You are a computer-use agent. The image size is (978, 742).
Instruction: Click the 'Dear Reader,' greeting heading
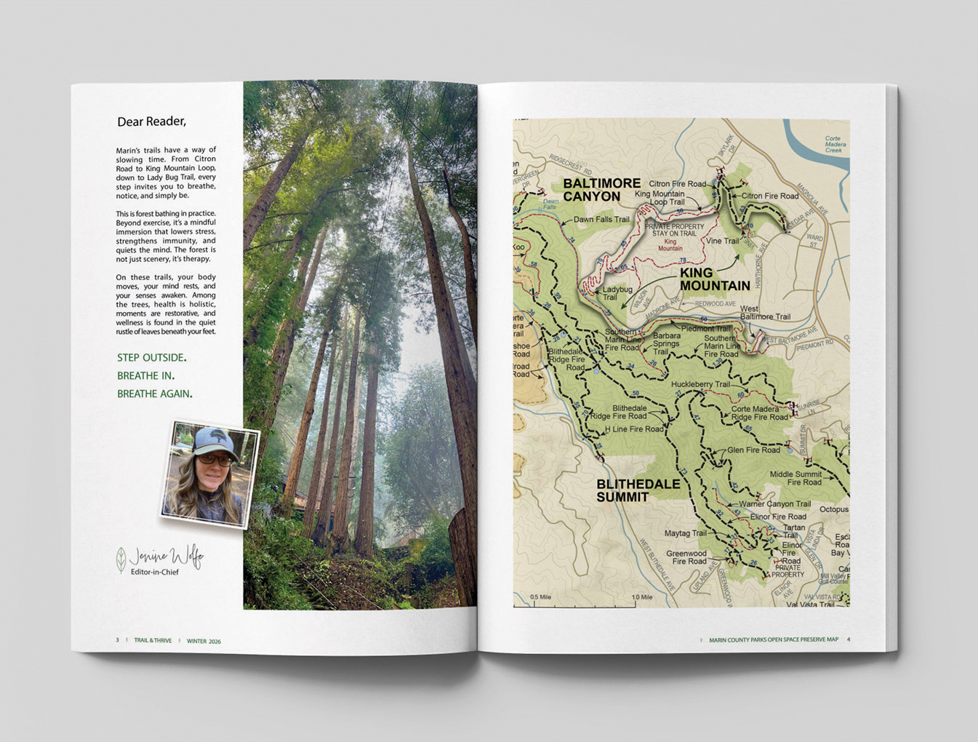pos(151,121)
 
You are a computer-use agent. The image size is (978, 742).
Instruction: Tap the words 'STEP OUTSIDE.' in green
pos(151,358)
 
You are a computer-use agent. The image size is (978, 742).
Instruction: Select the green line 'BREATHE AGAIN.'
pos(154,394)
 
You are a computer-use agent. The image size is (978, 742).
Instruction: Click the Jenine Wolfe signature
pos(166,557)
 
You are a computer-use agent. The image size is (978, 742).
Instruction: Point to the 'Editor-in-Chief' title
pos(154,573)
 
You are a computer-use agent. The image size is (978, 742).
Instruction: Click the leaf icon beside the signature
pos(121,559)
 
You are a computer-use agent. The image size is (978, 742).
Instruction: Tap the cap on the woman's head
pos(214,440)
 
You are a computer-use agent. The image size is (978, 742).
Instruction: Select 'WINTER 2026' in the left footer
pos(204,642)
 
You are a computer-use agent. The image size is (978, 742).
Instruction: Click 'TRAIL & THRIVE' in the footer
pos(153,641)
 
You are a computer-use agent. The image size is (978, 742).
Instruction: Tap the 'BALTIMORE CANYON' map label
pos(601,190)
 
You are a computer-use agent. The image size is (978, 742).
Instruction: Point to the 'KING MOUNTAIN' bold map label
pos(715,279)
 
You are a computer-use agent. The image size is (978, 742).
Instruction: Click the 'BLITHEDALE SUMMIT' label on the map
pos(638,490)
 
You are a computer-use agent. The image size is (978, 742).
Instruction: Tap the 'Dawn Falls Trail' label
pos(601,220)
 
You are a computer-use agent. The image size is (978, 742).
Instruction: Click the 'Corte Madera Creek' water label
pos(833,144)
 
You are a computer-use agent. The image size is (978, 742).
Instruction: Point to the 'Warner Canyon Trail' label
pos(774,503)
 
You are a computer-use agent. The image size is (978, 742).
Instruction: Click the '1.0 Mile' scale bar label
pos(642,597)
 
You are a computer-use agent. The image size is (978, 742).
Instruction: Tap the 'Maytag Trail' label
pos(685,533)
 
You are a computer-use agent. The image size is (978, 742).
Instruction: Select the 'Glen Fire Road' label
pos(753,450)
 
